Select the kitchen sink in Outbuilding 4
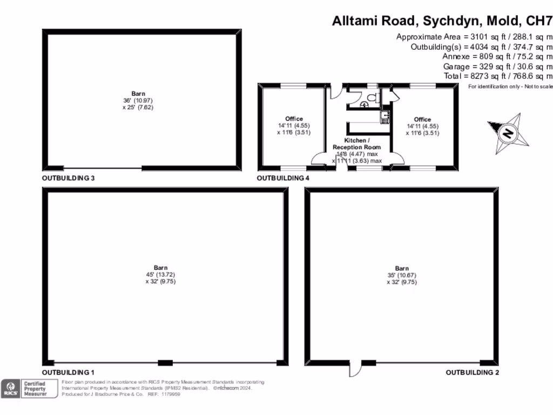click(x=384, y=115)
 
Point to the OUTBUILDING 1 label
click(x=69, y=372)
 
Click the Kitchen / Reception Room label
click(x=356, y=144)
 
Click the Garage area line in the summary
click(x=497, y=66)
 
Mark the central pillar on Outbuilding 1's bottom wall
click(x=165, y=362)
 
